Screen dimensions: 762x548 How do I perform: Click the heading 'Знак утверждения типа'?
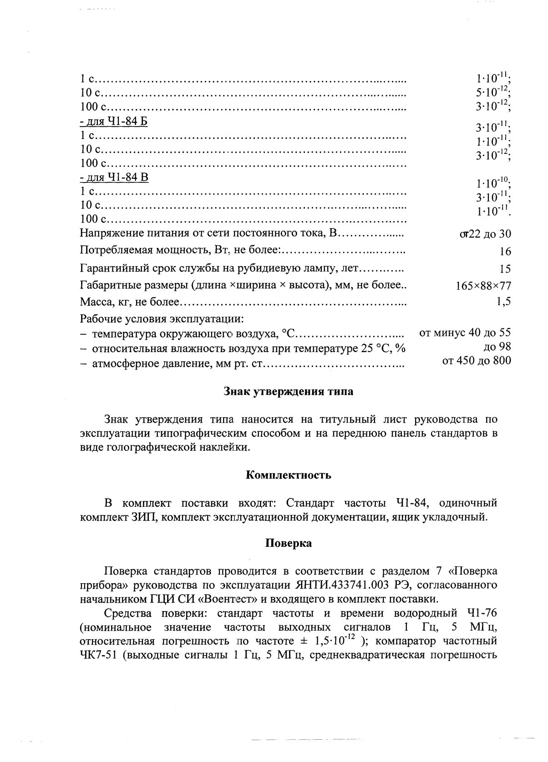pos(289,392)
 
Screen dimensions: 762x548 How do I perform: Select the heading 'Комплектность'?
pos(289,475)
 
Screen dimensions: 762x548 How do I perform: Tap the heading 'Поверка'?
pos(289,543)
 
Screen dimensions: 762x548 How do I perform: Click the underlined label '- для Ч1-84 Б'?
pos(114,122)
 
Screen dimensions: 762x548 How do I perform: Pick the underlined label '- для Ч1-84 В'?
pos(114,177)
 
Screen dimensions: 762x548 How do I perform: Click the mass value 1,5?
pos(504,301)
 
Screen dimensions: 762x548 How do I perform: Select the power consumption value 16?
pos(505,252)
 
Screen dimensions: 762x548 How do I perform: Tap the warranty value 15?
pos(505,269)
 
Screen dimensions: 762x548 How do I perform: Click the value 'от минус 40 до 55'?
pos(465,333)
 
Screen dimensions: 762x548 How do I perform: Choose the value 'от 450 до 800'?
pos(477,361)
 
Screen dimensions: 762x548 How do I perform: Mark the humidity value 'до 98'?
pos(497,347)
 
